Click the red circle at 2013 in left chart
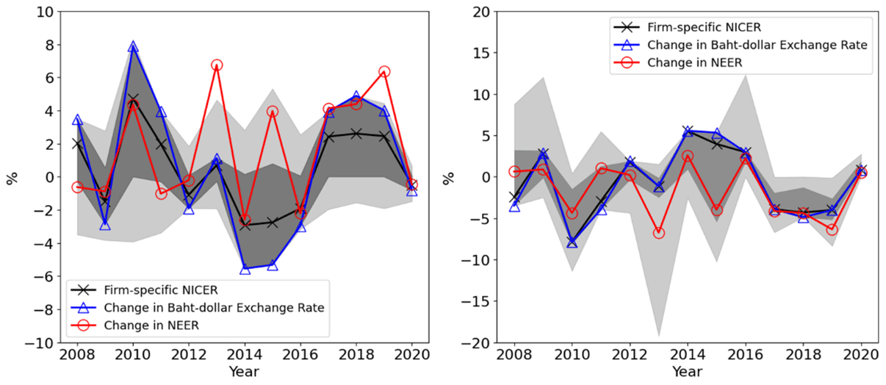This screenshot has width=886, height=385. tap(216, 65)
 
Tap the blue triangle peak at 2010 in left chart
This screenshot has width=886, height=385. tap(133, 47)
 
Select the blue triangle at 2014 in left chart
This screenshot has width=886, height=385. tap(245, 270)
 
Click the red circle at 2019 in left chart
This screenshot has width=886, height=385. tap(383, 72)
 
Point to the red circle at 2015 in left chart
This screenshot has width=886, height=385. tap(272, 112)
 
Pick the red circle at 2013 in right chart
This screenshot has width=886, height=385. tap(659, 233)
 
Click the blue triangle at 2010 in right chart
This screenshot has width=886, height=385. tap(572, 242)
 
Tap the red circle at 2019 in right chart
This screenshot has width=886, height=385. tap(831, 229)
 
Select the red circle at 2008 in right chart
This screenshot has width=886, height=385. tap(515, 172)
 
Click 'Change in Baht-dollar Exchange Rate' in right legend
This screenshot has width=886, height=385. tap(757, 45)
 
